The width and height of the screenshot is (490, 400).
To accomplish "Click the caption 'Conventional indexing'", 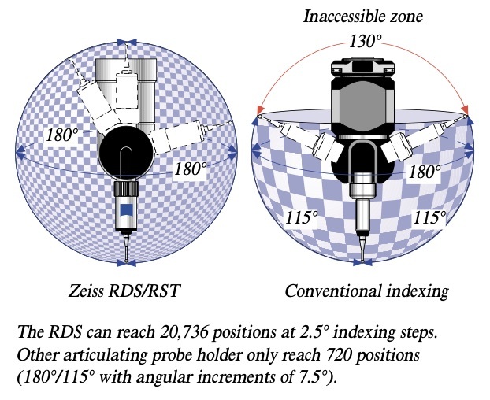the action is click(x=366, y=291).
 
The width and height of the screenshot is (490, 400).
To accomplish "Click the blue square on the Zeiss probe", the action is click(x=125, y=210).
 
